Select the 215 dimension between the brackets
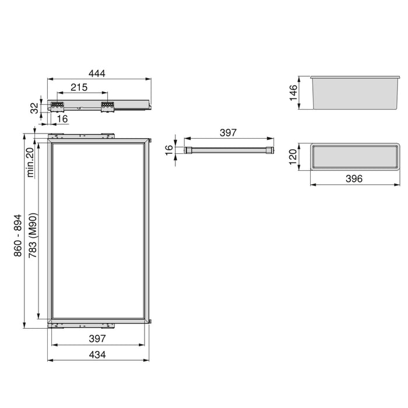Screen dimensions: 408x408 coord(79,87)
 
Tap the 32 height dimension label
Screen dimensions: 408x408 coord(34,107)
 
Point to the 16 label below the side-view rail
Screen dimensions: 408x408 coord(62,119)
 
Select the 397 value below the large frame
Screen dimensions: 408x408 coord(97,339)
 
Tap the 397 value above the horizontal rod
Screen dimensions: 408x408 coord(228,133)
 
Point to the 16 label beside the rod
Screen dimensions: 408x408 coord(169,149)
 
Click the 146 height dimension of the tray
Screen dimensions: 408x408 coord(293,92)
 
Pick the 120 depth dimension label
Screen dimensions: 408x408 coord(293,157)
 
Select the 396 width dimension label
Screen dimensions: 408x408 coord(354,179)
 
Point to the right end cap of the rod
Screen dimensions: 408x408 coord(269,150)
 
